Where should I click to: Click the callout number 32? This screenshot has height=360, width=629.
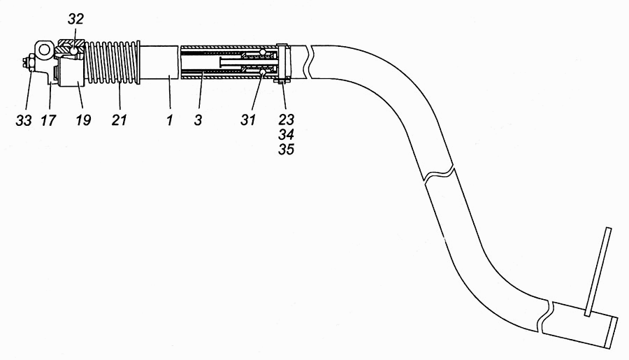[75, 18]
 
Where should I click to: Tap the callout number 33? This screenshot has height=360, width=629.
[24, 120]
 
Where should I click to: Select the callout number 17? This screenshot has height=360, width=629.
[48, 120]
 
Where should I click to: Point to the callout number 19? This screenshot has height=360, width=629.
[83, 120]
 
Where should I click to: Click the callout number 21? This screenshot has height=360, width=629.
[119, 120]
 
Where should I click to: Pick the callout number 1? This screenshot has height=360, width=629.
[170, 120]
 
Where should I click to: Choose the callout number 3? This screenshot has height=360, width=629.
[198, 120]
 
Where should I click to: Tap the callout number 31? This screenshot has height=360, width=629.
[248, 120]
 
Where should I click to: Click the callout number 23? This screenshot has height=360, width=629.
[286, 120]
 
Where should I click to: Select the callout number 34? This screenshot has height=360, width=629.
[286, 134]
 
